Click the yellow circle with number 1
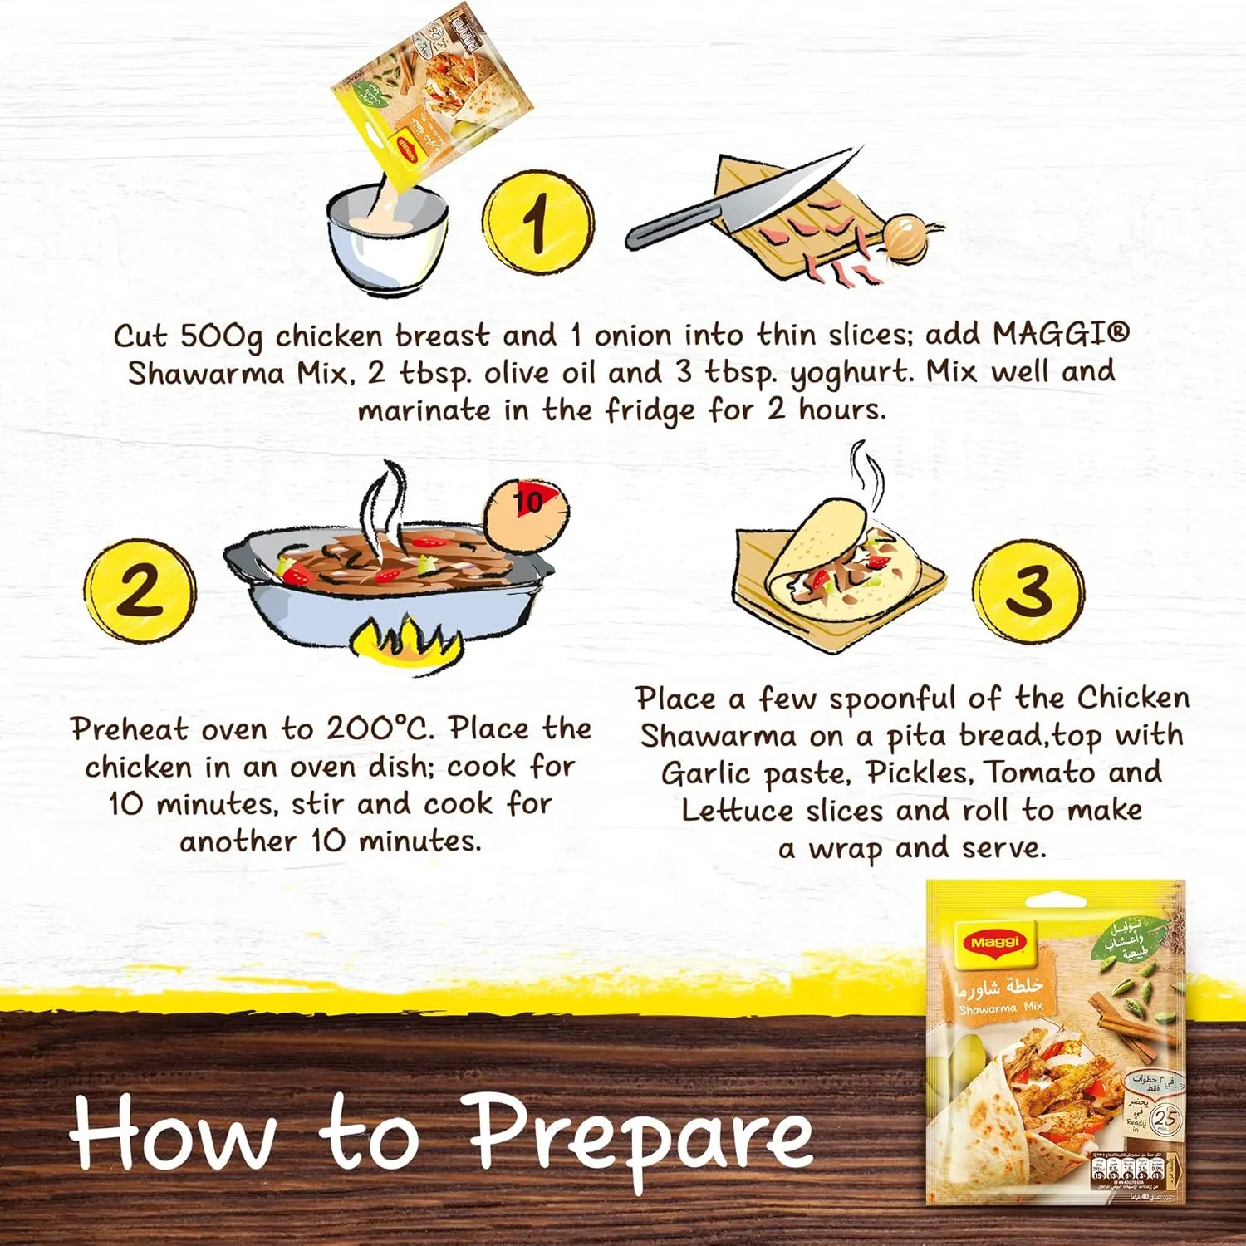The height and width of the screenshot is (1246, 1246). pos(538,222)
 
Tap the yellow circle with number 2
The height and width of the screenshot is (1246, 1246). pos(140,590)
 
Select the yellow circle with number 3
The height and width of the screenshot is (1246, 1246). pos(1028,591)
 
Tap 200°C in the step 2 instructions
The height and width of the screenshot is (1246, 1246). pos(380,728)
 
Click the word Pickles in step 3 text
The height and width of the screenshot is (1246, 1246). pos(919,773)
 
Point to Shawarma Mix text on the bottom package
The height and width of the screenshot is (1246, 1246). pos(1000,1008)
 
